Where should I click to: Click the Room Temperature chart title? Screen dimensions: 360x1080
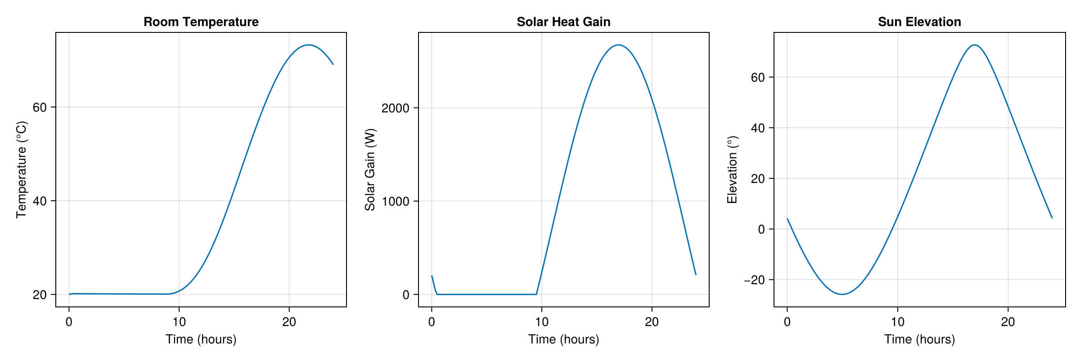click(x=201, y=22)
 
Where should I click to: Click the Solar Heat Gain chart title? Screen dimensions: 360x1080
click(x=563, y=22)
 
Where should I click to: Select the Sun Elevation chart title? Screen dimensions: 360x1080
click(x=919, y=22)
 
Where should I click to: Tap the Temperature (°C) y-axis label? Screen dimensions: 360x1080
click(x=21, y=170)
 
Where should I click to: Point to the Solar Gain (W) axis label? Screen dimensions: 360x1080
click(x=370, y=170)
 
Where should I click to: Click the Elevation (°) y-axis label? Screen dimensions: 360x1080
click(x=732, y=170)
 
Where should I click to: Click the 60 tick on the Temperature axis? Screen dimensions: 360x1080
click(x=40, y=107)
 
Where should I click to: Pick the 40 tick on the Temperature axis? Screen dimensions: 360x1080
click(x=40, y=201)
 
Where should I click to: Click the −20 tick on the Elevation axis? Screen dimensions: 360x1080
click(x=754, y=280)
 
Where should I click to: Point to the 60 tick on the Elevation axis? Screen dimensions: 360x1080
click(x=758, y=77)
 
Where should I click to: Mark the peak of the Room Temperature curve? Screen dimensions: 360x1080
click(x=308, y=45)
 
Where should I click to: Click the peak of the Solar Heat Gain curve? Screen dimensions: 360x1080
click(x=619, y=45)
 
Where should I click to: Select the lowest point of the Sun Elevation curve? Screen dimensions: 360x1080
click(x=842, y=294)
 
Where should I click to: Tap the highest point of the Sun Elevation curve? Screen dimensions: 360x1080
click(x=974, y=45)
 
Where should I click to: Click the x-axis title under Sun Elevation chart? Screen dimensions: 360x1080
click(x=919, y=339)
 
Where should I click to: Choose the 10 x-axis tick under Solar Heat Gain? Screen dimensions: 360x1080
click(x=542, y=322)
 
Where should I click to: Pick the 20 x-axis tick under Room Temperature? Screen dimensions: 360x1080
click(x=289, y=322)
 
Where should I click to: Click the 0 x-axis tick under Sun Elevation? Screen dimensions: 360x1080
click(x=787, y=322)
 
